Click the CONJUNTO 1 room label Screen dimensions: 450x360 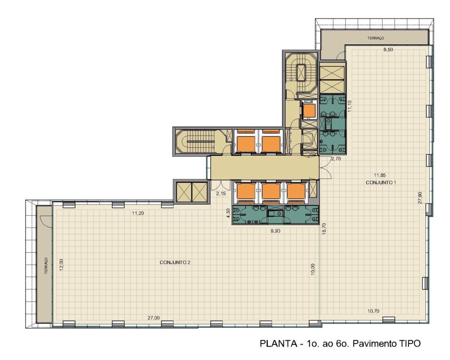click(x=381, y=182)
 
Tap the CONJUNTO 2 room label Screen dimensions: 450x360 click(x=175, y=262)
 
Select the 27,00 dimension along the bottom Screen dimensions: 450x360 click(x=153, y=318)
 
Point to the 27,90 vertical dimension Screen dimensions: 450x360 click(x=420, y=197)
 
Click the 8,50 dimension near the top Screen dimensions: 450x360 click(x=388, y=50)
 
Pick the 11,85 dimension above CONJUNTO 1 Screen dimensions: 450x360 click(x=380, y=175)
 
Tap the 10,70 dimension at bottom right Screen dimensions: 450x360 click(x=373, y=311)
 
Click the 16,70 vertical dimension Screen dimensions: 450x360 click(x=324, y=229)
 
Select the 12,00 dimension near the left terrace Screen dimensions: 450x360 click(x=62, y=265)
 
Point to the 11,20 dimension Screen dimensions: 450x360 click(x=138, y=213)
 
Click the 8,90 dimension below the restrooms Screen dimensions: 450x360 click(x=276, y=231)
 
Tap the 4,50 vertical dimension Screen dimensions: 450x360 click(x=228, y=213)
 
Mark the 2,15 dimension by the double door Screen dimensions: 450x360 click(x=221, y=193)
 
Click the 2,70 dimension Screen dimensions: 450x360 click(x=336, y=159)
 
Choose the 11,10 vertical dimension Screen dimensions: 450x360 click(x=349, y=106)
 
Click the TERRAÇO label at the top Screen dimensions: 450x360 click(x=376, y=38)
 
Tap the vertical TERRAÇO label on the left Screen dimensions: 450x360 click(x=46, y=265)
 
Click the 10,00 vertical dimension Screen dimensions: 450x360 click(x=313, y=269)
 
